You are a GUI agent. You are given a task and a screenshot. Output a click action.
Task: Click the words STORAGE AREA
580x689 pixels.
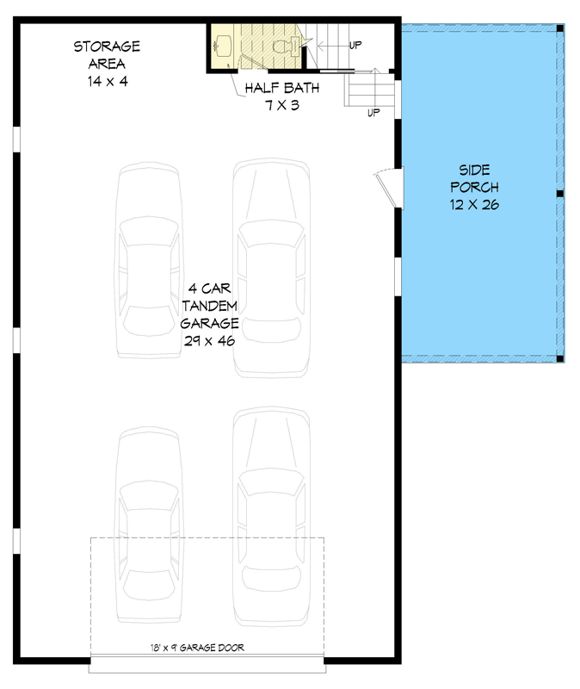(x=107, y=54)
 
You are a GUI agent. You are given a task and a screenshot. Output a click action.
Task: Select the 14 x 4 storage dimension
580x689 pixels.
(x=107, y=80)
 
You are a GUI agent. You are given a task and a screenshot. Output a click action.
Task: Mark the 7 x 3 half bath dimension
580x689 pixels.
(x=276, y=106)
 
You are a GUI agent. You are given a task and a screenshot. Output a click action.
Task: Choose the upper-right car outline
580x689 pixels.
(x=270, y=267)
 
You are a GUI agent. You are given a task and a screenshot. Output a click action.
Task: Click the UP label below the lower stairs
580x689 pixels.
(x=373, y=112)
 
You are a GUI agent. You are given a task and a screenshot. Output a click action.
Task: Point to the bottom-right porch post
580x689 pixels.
(x=560, y=358)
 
